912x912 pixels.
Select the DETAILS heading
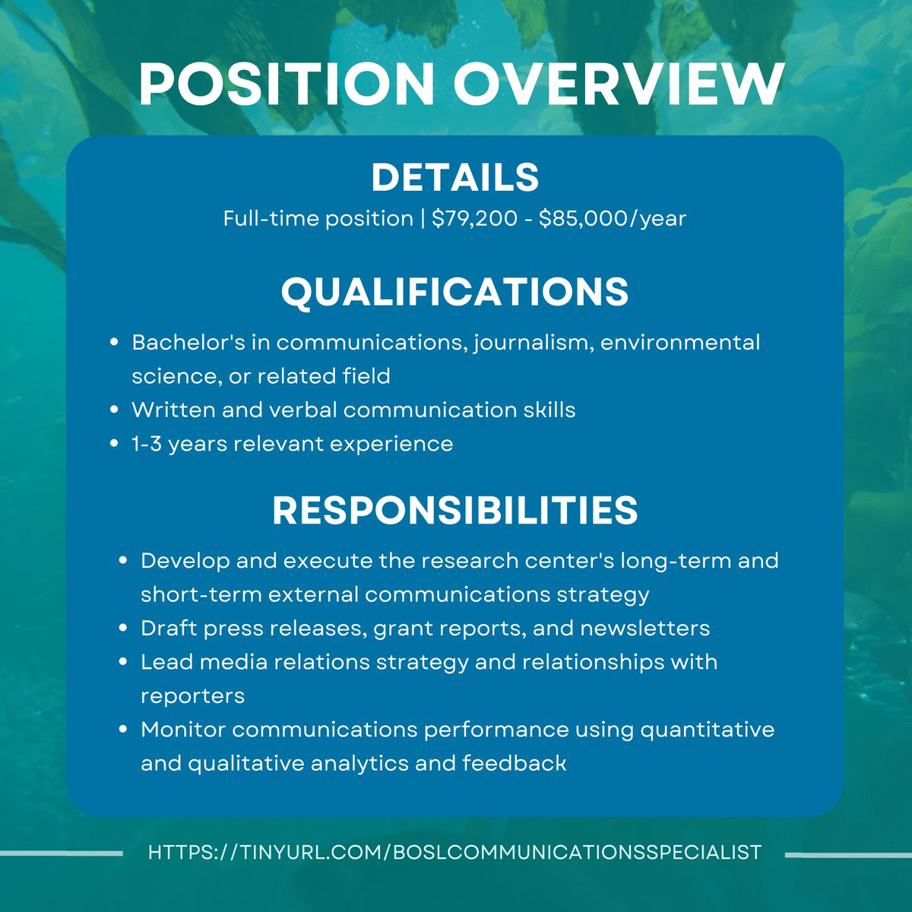pos(455,178)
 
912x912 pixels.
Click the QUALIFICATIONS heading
pos(455,292)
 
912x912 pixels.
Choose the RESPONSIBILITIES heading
pos(455,511)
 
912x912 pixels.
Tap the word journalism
pos(531,343)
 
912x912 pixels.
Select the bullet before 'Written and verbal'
pos(114,410)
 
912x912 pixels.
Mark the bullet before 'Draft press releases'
pos(123,629)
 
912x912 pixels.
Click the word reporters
pos(192,696)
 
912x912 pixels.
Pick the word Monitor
pos(183,730)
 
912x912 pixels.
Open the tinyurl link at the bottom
pos(454,852)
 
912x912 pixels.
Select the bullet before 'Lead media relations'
pos(123,662)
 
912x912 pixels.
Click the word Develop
pos(185,561)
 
